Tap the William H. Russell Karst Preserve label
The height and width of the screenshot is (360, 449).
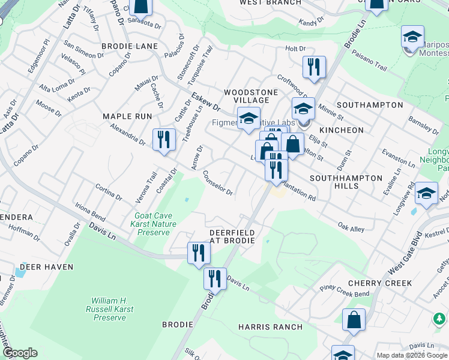[x=109, y=308]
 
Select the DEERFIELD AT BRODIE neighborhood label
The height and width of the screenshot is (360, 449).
[x=232, y=236]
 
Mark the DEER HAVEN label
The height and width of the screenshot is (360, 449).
[x=46, y=267]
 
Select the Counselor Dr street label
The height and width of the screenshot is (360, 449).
[x=218, y=184]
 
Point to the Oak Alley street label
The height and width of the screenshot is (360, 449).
[x=351, y=228]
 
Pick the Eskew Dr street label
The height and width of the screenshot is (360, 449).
[x=206, y=100]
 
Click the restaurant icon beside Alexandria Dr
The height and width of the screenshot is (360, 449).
[x=163, y=140]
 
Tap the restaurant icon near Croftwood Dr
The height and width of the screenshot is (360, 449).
[x=314, y=67]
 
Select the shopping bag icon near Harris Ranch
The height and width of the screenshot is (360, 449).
[x=354, y=320]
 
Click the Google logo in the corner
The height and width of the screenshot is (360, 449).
[x=20, y=353]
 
